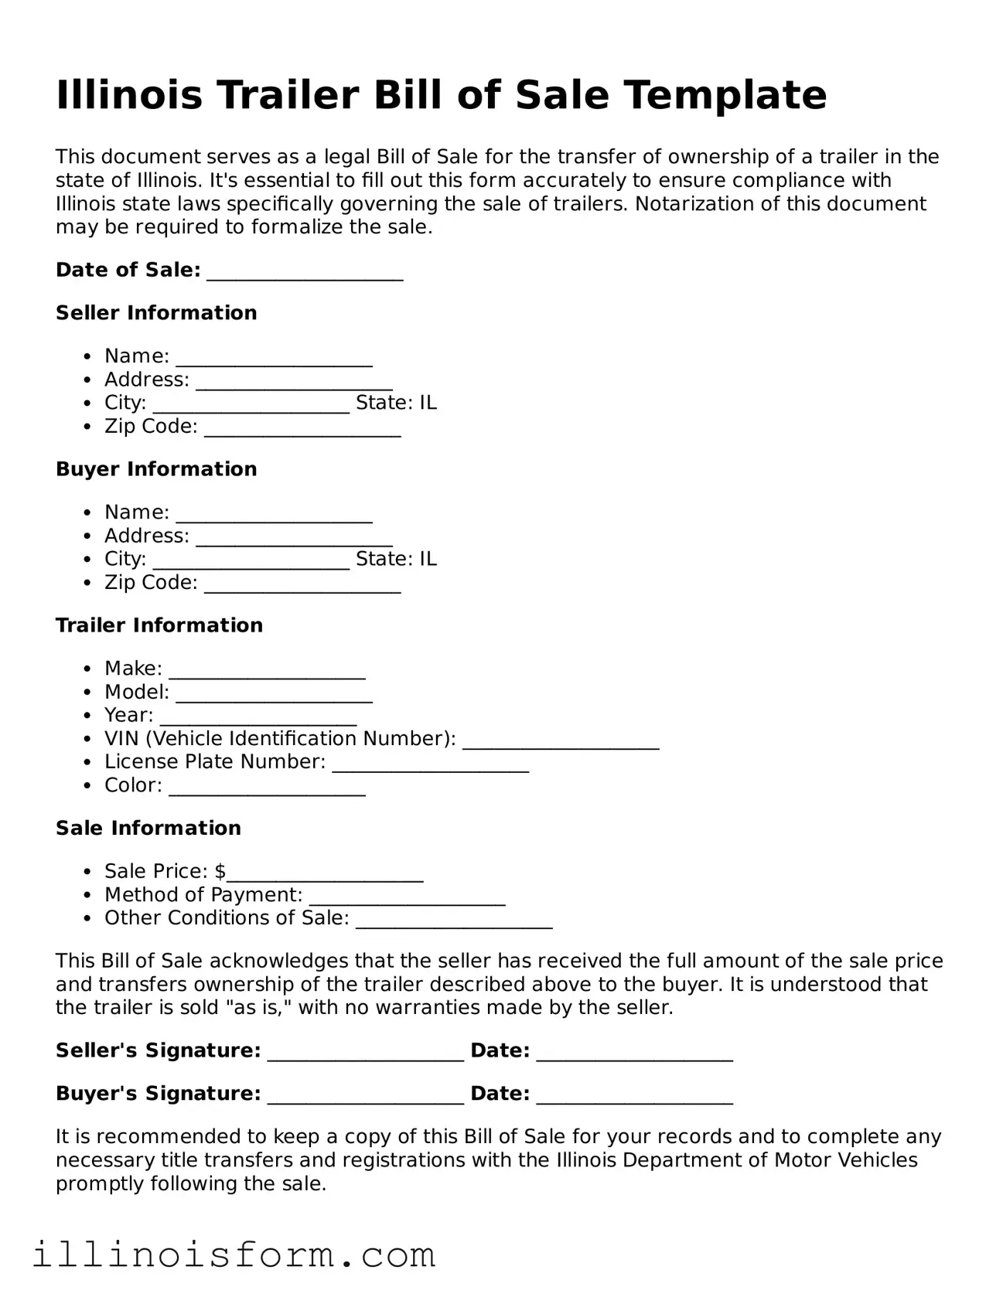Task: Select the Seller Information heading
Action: point(156,313)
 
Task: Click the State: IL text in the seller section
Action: point(396,403)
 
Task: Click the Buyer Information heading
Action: point(156,469)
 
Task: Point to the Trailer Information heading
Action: point(159,625)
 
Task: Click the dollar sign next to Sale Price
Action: point(220,872)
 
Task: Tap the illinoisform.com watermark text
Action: point(234,1255)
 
